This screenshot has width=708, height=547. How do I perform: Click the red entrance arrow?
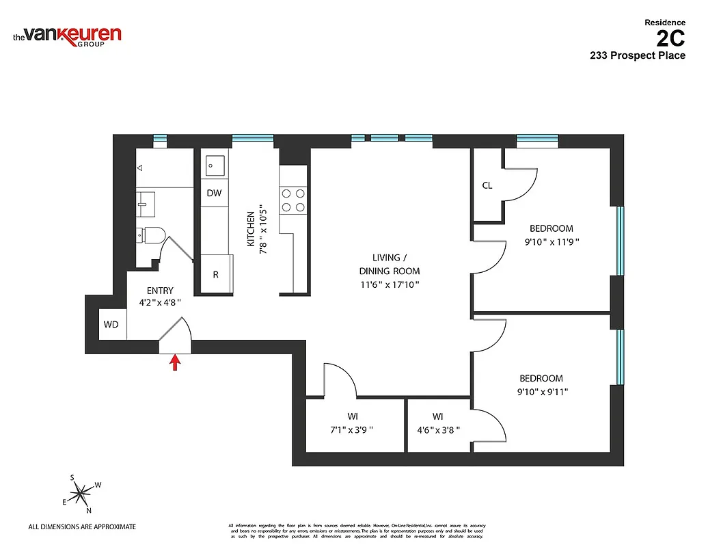click(x=175, y=362)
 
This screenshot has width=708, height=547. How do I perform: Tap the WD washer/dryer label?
click(x=111, y=324)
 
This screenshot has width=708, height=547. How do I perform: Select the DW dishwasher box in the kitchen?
click(x=214, y=193)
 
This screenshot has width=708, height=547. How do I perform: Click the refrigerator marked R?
click(x=215, y=275)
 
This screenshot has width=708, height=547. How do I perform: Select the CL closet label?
click(x=487, y=185)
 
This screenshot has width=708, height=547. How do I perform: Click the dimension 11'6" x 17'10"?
click(x=390, y=284)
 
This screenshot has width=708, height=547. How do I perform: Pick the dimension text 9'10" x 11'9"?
click(x=550, y=241)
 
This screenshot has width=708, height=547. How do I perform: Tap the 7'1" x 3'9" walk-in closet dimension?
click(x=353, y=430)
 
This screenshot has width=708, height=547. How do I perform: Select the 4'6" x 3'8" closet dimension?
click(x=438, y=430)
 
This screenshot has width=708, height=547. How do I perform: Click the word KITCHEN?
click(x=251, y=229)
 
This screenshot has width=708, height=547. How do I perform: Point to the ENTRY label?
click(x=160, y=291)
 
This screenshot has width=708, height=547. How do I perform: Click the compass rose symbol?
click(x=81, y=492)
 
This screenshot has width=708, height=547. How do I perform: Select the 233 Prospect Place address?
click(x=637, y=56)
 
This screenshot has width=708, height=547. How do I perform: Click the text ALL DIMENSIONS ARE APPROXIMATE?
click(x=82, y=526)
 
